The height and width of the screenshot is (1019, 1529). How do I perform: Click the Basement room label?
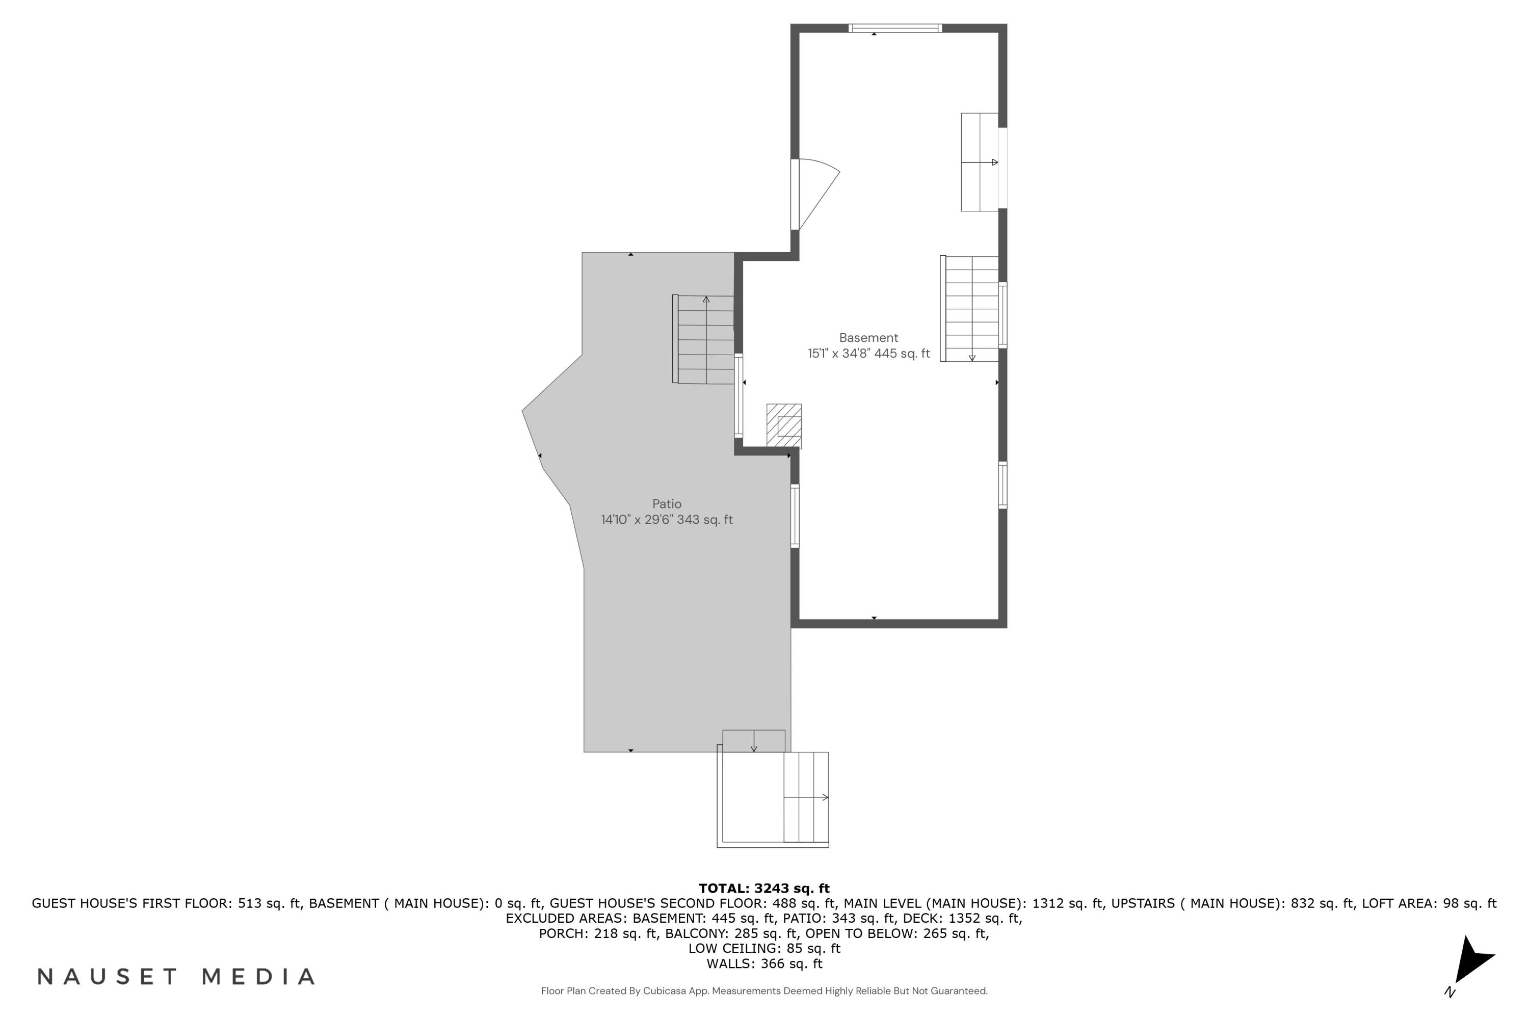coord(868,338)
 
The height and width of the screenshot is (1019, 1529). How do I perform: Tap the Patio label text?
coord(666,504)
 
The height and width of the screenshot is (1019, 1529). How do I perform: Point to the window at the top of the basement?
coord(894,28)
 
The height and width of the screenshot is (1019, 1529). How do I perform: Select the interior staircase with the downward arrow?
coord(970,309)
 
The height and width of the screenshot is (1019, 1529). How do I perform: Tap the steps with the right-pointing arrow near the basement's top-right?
coord(979,163)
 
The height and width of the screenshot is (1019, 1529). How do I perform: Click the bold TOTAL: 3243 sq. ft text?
coord(764,888)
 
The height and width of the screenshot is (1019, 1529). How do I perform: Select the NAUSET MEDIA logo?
coord(175,976)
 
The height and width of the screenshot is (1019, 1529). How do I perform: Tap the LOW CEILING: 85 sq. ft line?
coord(764,948)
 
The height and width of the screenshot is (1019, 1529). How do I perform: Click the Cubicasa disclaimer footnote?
coord(764,991)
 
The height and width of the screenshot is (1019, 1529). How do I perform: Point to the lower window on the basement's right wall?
coord(1003,485)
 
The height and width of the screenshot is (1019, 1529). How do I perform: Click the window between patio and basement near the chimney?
coord(739,395)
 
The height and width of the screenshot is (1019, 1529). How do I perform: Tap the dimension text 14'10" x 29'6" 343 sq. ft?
coord(666,520)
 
